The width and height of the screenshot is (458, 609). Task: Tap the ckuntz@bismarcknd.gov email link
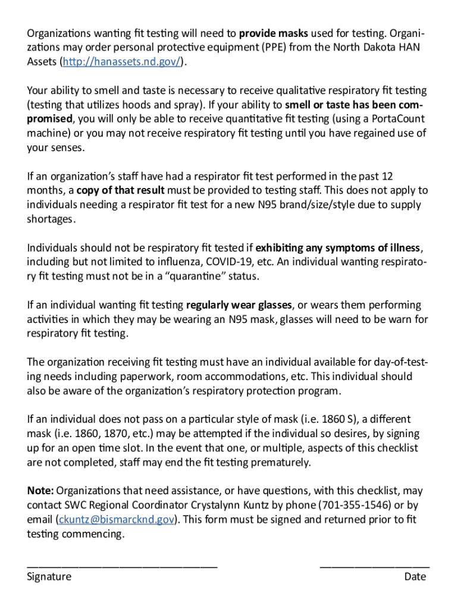117,520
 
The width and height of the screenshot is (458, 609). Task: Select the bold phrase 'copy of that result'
121,190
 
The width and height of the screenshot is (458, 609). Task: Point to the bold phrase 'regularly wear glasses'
239,305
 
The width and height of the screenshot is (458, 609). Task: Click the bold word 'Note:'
40,491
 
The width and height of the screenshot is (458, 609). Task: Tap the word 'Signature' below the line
49,577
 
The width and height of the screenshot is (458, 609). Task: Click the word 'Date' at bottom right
415,577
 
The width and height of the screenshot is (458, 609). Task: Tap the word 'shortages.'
51,219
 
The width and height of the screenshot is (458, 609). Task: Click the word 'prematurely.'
281,463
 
